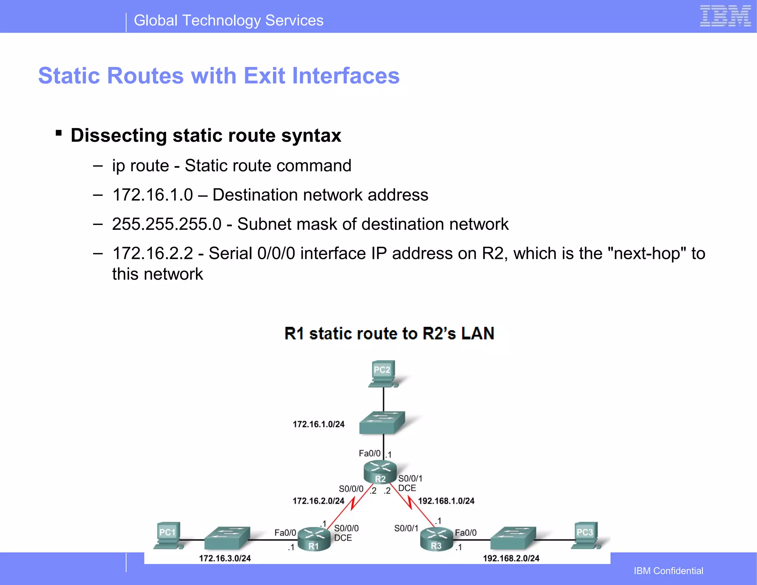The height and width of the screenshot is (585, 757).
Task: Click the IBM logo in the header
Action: pos(725,16)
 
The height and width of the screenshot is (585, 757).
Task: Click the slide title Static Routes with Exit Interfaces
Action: pos(219,76)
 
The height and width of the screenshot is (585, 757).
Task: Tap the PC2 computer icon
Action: pos(383,373)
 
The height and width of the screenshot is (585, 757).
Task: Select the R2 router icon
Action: pos(380,472)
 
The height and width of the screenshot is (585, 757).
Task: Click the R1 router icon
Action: pos(314,539)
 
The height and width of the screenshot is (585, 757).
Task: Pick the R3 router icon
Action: pos(437,539)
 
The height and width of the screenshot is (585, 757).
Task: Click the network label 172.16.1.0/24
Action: pos(318,424)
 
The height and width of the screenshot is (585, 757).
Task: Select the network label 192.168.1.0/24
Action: pos(446,501)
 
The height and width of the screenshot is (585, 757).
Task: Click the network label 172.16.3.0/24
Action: pos(225,558)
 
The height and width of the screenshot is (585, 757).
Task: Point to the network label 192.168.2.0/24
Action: pos(511,558)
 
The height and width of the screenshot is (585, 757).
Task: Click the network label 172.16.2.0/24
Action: pos(318,501)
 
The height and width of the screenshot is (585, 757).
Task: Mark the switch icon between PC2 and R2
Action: pos(382,422)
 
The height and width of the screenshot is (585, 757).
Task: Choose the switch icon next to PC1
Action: pos(227,538)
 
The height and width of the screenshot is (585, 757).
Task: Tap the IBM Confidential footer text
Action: pos(668,571)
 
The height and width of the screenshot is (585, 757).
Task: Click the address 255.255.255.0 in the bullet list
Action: pos(167,224)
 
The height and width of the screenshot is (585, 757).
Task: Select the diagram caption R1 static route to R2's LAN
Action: pos(389,333)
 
